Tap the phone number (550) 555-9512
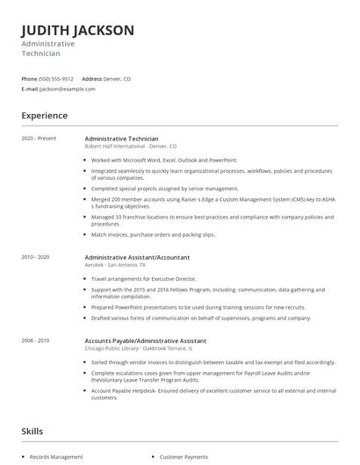[x=56, y=79]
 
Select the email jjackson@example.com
[x=67, y=89]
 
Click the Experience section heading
[x=44, y=116]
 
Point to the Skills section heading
[x=32, y=431]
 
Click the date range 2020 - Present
[x=37, y=139]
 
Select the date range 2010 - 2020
[x=35, y=257]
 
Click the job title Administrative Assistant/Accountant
[x=137, y=257]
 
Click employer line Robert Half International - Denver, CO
[x=130, y=147]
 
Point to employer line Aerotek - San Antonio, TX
[x=122, y=264]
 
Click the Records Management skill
[x=56, y=457]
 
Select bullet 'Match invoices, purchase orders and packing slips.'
[x=153, y=235]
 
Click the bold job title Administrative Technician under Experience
[x=121, y=139]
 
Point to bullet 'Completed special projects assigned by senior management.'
[x=164, y=188]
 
